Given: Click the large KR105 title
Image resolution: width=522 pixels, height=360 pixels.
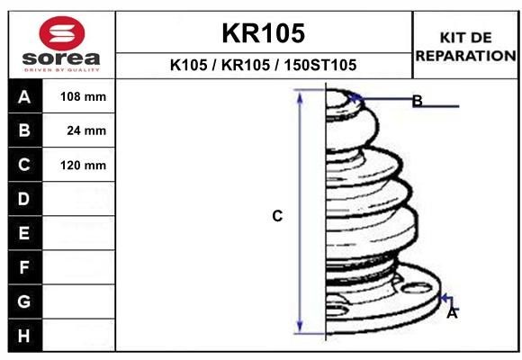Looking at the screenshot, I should click(263, 33).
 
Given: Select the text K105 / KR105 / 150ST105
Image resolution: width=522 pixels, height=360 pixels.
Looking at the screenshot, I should click(263, 65).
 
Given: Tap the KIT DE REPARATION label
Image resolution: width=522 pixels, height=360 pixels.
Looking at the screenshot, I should click(465, 46).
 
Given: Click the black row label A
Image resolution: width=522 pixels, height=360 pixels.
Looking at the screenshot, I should click(24, 96).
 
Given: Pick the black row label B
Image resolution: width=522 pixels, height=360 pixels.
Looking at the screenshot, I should click(24, 130).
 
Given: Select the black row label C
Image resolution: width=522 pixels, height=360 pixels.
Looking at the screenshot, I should click(24, 165).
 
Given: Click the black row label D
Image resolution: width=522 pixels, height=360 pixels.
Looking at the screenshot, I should click(24, 199).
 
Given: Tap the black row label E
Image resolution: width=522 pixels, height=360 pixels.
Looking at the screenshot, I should click(24, 233).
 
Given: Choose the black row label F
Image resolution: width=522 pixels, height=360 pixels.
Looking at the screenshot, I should click(24, 267).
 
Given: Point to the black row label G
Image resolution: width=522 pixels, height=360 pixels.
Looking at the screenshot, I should click(24, 301).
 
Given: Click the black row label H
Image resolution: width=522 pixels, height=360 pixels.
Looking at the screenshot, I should click(24, 336).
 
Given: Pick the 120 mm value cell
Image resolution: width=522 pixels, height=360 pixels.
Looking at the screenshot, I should click(83, 165).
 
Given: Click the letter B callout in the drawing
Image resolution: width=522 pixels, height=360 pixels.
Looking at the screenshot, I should click(417, 101).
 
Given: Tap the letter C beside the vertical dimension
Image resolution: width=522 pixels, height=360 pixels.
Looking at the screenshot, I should click(278, 216).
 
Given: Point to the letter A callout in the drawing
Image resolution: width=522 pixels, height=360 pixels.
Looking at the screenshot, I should click(452, 313).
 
